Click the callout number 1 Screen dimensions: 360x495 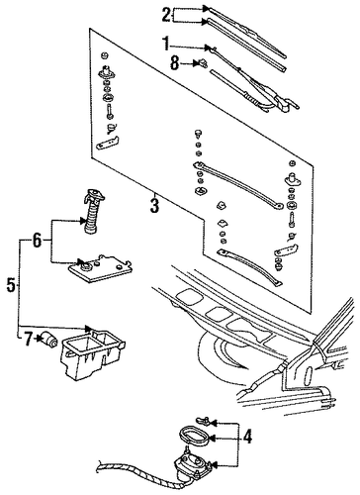pyautogui.click(x=166, y=45)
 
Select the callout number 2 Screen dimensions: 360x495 pyautogui.click(x=167, y=15)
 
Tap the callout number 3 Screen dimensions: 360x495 pyautogui.click(x=154, y=205)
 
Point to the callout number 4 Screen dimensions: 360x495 pyautogui.click(x=247, y=438)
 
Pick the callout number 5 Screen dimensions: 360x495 pyautogui.click(x=11, y=285)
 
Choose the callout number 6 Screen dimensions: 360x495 pyautogui.click(x=37, y=241)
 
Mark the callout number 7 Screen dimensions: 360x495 pyautogui.click(x=29, y=339)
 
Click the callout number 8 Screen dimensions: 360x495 pyautogui.click(x=175, y=62)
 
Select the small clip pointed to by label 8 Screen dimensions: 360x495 pyautogui.click(x=203, y=61)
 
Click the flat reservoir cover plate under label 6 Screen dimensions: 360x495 pyautogui.click(x=100, y=268)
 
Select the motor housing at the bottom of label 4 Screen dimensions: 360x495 pyautogui.click(x=191, y=462)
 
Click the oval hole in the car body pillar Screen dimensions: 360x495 pyautogui.click(x=310, y=375)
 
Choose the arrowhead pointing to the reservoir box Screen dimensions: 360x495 pyautogui.click(x=88, y=328)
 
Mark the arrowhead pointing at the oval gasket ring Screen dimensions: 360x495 pyautogui.click(x=212, y=438)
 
